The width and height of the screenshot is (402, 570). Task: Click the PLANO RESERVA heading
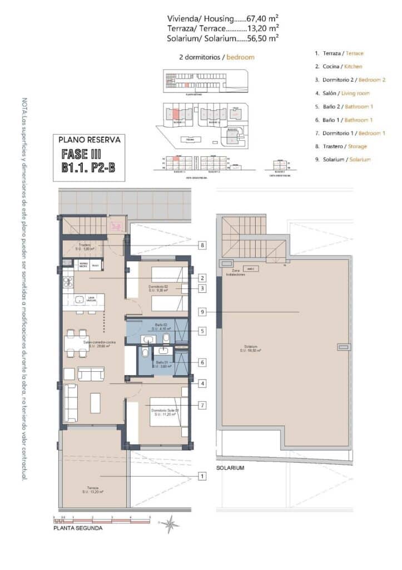click(x=89, y=140)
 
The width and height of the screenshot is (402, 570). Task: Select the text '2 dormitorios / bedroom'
click(x=217, y=57)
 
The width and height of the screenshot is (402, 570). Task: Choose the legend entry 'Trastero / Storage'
click(x=341, y=146)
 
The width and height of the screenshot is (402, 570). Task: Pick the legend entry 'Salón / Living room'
click(x=345, y=93)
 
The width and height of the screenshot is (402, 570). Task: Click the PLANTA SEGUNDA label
click(x=77, y=528)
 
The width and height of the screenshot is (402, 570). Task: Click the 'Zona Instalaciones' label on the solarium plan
click(x=232, y=273)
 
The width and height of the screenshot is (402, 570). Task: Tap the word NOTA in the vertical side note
click(x=23, y=106)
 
